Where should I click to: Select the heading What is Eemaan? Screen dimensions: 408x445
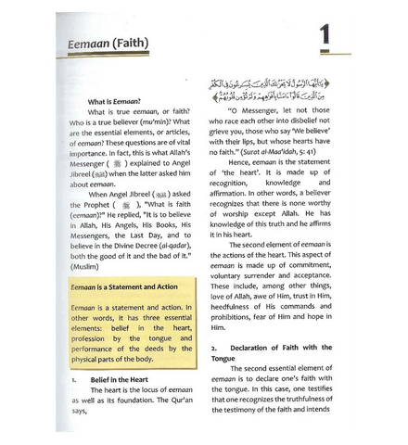117,100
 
